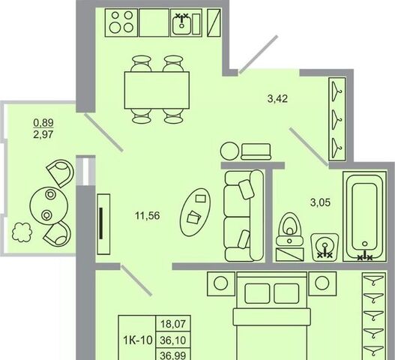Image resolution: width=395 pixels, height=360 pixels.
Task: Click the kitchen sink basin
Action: [x=181, y=25]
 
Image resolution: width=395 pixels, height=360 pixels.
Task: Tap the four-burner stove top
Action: [x=121, y=22]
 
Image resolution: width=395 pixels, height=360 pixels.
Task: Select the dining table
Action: [x=157, y=90]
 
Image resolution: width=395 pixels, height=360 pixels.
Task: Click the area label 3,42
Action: [x=277, y=98]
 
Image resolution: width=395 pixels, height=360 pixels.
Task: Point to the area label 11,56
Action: [x=148, y=216]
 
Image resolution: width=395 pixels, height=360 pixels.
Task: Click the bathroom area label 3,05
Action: [x=320, y=202]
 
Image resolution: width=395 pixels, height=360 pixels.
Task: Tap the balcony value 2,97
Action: [x=43, y=134]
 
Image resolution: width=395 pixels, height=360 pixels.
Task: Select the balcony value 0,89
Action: [x=43, y=123]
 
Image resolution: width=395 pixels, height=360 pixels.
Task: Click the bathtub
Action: [x=364, y=216]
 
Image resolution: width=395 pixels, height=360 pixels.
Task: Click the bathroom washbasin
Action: [x=325, y=247]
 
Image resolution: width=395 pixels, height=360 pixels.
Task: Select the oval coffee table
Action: [x=196, y=212]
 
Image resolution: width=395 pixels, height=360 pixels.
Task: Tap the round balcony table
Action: [x=49, y=205]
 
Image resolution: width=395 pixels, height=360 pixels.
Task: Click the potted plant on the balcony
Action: [x=22, y=232]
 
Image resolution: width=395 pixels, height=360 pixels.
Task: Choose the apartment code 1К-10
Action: [x=138, y=340]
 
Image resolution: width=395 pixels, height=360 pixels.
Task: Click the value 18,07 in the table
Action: [x=173, y=324]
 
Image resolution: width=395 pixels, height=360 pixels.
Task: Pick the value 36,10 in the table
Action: [x=173, y=340]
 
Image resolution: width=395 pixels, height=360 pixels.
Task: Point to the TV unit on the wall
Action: [x=103, y=224]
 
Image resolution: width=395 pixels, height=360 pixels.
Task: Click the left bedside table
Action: [x=221, y=283]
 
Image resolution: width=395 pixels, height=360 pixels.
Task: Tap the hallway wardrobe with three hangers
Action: [x=337, y=119]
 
